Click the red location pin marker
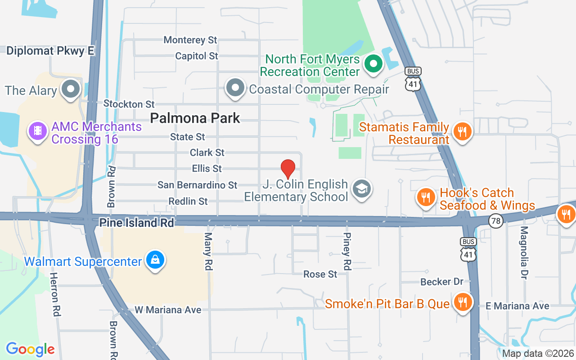click(x=288, y=169)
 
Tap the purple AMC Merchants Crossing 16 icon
click(x=38, y=131)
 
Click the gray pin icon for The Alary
click(x=71, y=89)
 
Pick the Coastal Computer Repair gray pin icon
click(x=235, y=88)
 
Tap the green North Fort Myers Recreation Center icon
click(x=373, y=63)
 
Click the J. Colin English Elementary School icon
click(x=360, y=189)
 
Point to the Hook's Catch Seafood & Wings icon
click(x=425, y=197)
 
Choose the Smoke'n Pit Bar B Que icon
click(x=462, y=301)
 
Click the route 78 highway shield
click(x=495, y=220)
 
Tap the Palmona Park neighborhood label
click(x=195, y=118)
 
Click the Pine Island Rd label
click(x=136, y=223)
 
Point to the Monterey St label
click(x=190, y=40)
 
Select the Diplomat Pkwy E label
click(x=50, y=51)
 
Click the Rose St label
click(x=320, y=274)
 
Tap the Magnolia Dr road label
click(x=523, y=252)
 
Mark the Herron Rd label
click(x=54, y=294)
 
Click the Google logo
click(x=30, y=349)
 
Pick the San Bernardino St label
click(x=197, y=185)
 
